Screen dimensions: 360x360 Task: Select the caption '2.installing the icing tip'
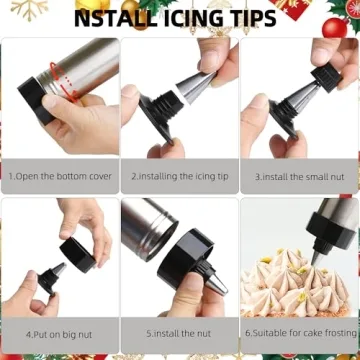[179, 175]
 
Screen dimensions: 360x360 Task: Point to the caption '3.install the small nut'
[299, 175]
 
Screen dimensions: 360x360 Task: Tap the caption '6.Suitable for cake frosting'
[299, 333]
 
